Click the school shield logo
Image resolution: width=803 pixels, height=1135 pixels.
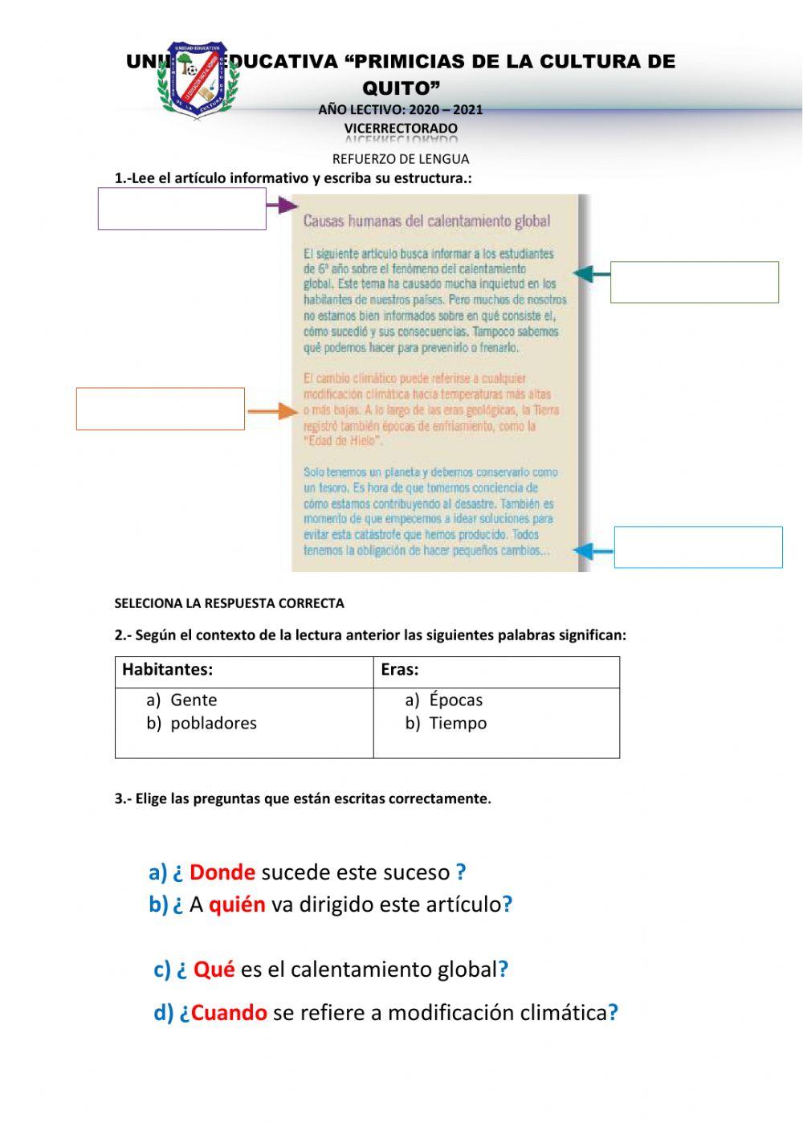[x=198, y=80]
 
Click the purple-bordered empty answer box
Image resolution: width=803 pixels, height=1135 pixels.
[x=182, y=209]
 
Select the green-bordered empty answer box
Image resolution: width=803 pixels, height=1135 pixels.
[x=694, y=282]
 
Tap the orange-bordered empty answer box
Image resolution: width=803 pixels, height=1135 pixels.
[x=161, y=409]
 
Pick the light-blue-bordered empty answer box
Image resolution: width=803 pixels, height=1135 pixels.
[x=698, y=547]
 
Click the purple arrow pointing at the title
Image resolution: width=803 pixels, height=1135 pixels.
[x=281, y=206]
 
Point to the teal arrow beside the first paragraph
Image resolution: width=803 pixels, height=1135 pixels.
[x=591, y=275]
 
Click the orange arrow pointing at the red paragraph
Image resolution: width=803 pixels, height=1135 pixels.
[x=272, y=412]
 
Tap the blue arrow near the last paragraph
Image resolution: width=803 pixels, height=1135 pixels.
[x=593, y=551]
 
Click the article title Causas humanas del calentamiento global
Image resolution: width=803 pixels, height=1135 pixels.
[x=426, y=221]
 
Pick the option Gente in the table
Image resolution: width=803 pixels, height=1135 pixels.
[x=194, y=700]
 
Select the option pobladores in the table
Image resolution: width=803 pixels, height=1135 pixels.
[x=214, y=723]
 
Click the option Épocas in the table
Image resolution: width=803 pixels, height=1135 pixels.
[x=455, y=700]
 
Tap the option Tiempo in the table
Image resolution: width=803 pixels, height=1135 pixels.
[x=458, y=723]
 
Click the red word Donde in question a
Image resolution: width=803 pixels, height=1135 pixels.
[x=222, y=872]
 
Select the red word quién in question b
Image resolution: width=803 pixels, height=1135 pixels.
[x=237, y=905]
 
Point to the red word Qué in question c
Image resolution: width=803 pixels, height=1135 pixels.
[x=214, y=970]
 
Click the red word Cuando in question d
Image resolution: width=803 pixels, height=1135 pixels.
[x=229, y=1013]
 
